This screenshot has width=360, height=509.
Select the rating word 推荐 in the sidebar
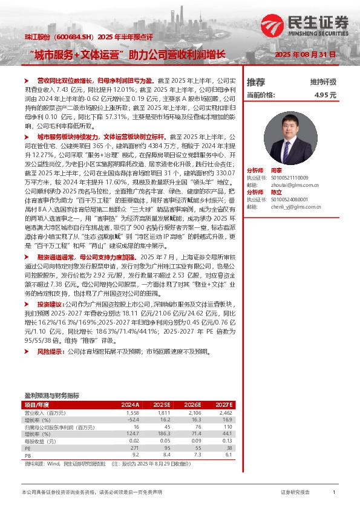[256, 82]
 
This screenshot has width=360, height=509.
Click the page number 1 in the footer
[334, 493]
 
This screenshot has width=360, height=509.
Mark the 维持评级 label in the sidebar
[323, 82]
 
